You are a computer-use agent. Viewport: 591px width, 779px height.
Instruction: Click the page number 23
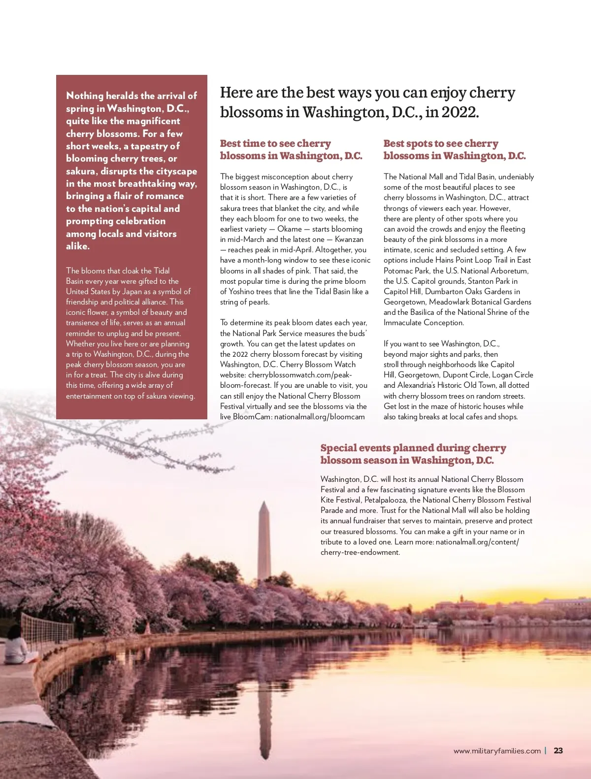coord(558,750)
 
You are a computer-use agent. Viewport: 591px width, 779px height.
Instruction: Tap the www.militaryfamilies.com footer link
coord(497,751)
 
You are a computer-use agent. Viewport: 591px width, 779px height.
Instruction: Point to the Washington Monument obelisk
coord(264,542)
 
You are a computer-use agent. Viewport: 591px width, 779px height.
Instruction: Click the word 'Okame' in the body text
coord(290,229)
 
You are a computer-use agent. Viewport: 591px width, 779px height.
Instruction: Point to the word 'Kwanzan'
coord(349,239)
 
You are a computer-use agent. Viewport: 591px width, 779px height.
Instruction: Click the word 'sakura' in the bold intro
coord(81,171)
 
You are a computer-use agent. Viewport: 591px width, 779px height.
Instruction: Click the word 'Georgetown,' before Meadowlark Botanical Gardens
coord(405,302)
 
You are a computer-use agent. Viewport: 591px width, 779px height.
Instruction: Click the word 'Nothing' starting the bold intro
coord(85,96)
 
